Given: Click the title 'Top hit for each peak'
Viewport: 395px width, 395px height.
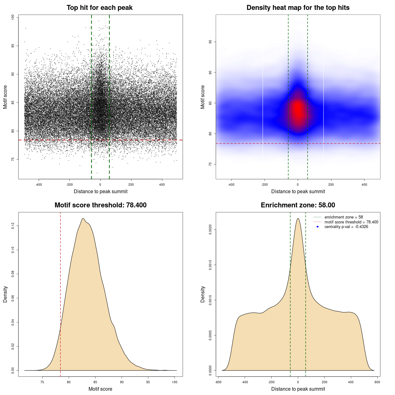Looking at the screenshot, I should click(x=99, y=8).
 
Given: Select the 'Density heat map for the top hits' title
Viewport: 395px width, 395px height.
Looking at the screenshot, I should click(x=298, y=8).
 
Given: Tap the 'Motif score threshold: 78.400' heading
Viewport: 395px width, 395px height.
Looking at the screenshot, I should click(x=100, y=205).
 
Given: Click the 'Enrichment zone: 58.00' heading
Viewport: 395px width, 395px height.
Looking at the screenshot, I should click(x=298, y=205).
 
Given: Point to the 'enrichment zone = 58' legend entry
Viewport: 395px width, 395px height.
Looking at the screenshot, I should click(x=343, y=217).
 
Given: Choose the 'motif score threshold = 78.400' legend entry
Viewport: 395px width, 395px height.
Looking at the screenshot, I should click(x=351, y=222).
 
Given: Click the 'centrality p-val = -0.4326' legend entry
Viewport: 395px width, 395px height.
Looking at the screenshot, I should click(x=346, y=227).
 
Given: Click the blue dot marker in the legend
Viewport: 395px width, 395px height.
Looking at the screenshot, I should click(x=318, y=227).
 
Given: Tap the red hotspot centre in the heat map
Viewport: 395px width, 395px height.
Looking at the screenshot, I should click(x=298, y=110).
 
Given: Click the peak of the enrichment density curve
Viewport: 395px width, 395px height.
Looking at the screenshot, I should click(x=298, y=218).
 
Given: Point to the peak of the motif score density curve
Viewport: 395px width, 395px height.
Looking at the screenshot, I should click(x=83, y=218).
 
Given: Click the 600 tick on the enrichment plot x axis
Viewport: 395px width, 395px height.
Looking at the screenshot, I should click(x=377, y=382).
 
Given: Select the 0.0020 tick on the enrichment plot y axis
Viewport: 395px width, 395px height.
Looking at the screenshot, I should click(x=210, y=230).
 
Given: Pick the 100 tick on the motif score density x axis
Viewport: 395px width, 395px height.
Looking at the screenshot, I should click(x=175, y=382).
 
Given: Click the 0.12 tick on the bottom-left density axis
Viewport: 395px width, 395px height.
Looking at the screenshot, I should click(x=13, y=226).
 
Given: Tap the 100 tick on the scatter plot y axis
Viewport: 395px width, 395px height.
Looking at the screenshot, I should click(x=13, y=17).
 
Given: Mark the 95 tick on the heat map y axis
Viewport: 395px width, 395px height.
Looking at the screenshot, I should click(x=210, y=42).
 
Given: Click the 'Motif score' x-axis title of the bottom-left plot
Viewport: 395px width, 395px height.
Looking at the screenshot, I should click(x=100, y=389).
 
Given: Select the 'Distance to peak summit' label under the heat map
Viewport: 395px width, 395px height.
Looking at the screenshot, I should click(x=298, y=191).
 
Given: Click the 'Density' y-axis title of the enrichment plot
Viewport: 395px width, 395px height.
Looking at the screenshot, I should click(x=203, y=294).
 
